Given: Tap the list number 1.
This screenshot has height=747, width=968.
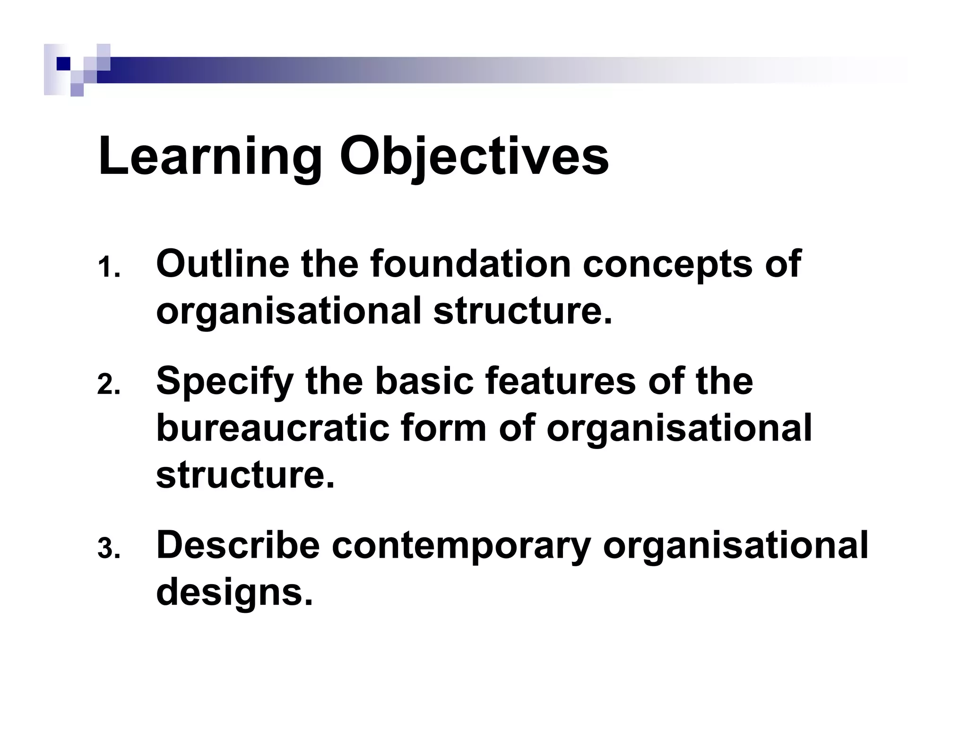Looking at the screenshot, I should (109, 269).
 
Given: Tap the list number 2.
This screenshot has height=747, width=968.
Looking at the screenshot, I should (109, 386).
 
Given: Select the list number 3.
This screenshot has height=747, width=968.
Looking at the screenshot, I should (109, 550).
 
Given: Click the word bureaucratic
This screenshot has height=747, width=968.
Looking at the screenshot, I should (273, 428).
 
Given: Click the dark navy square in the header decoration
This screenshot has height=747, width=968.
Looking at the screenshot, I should (63, 64).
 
